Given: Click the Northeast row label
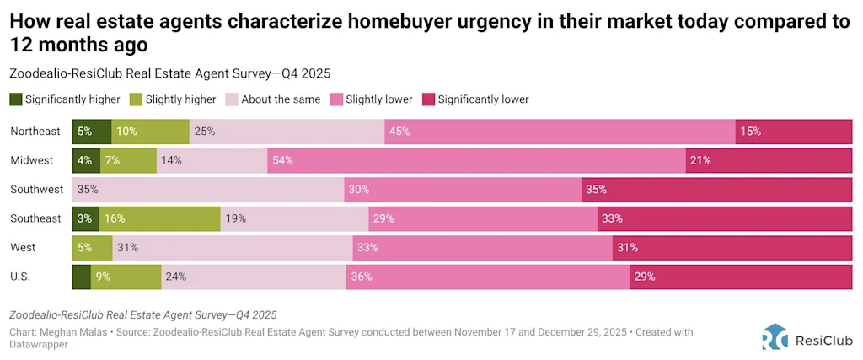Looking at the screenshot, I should tap(35, 132).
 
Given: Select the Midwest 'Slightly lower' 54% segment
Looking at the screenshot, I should tap(476, 160).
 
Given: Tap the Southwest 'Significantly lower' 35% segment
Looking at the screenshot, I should tap(716, 189).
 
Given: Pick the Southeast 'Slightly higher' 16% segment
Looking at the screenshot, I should tap(159, 218).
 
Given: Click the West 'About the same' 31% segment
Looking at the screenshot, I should tap(232, 247).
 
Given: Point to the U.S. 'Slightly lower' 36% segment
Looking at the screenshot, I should tap(487, 276).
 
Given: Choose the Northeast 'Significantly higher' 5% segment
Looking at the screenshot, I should tap(92, 132).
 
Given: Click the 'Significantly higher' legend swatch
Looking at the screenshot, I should tap(16, 99).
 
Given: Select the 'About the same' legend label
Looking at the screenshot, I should tap(281, 99).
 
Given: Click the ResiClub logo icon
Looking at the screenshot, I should tap(775, 336).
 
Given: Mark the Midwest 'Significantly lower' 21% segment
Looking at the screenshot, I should tap(769, 160).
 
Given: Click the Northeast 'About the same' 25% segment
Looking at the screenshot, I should tap(287, 132).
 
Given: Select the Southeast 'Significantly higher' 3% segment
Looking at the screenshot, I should tap(86, 218).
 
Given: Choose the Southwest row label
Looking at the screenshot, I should tap(35, 189).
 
